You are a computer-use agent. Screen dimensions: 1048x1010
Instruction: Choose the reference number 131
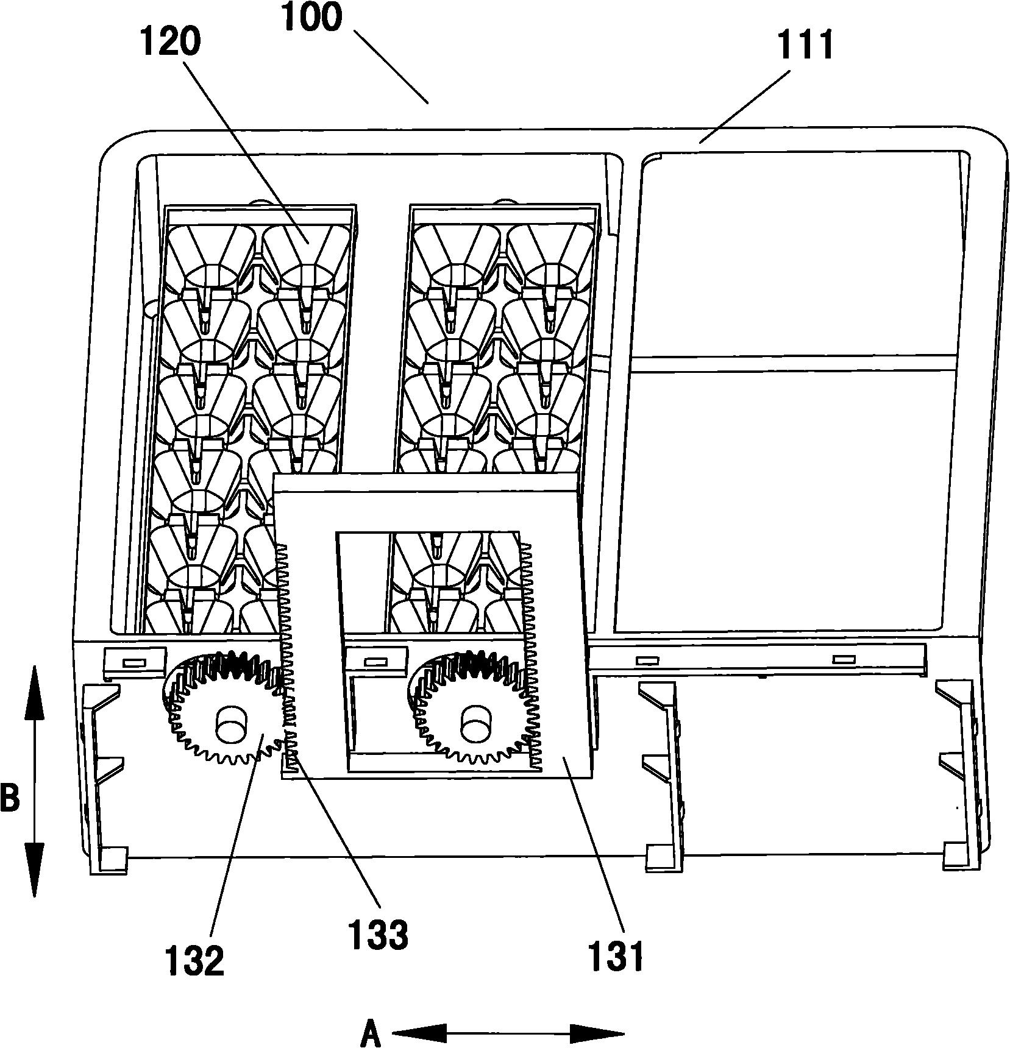point(616,957)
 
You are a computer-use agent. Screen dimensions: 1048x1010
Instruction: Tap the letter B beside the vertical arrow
point(9,798)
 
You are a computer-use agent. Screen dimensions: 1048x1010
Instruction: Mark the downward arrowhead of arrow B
point(34,877)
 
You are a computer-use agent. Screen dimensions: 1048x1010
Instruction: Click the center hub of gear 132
point(229,723)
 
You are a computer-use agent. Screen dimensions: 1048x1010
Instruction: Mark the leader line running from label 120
point(244,152)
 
